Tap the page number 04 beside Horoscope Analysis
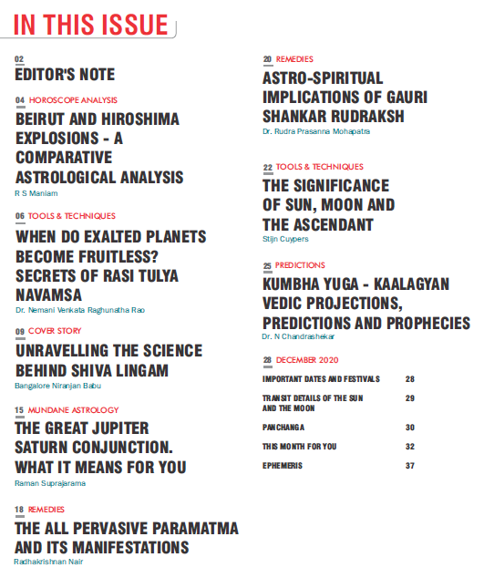tap(20, 99)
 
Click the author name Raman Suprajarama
tap(51, 482)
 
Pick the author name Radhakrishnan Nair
tap(54, 562)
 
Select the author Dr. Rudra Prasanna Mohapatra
tap(316, 132)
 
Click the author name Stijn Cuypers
tap(286, 238)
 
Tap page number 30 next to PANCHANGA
tap(410, 427)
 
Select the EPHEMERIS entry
tap(282, 466)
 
